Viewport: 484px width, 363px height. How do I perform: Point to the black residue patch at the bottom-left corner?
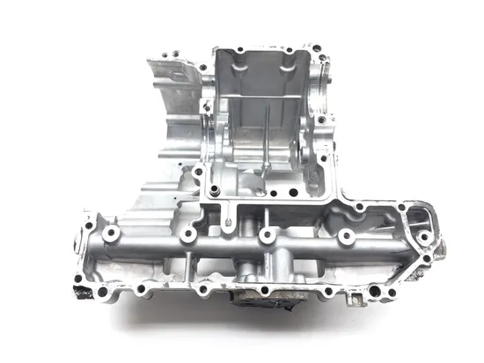point(83,289)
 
